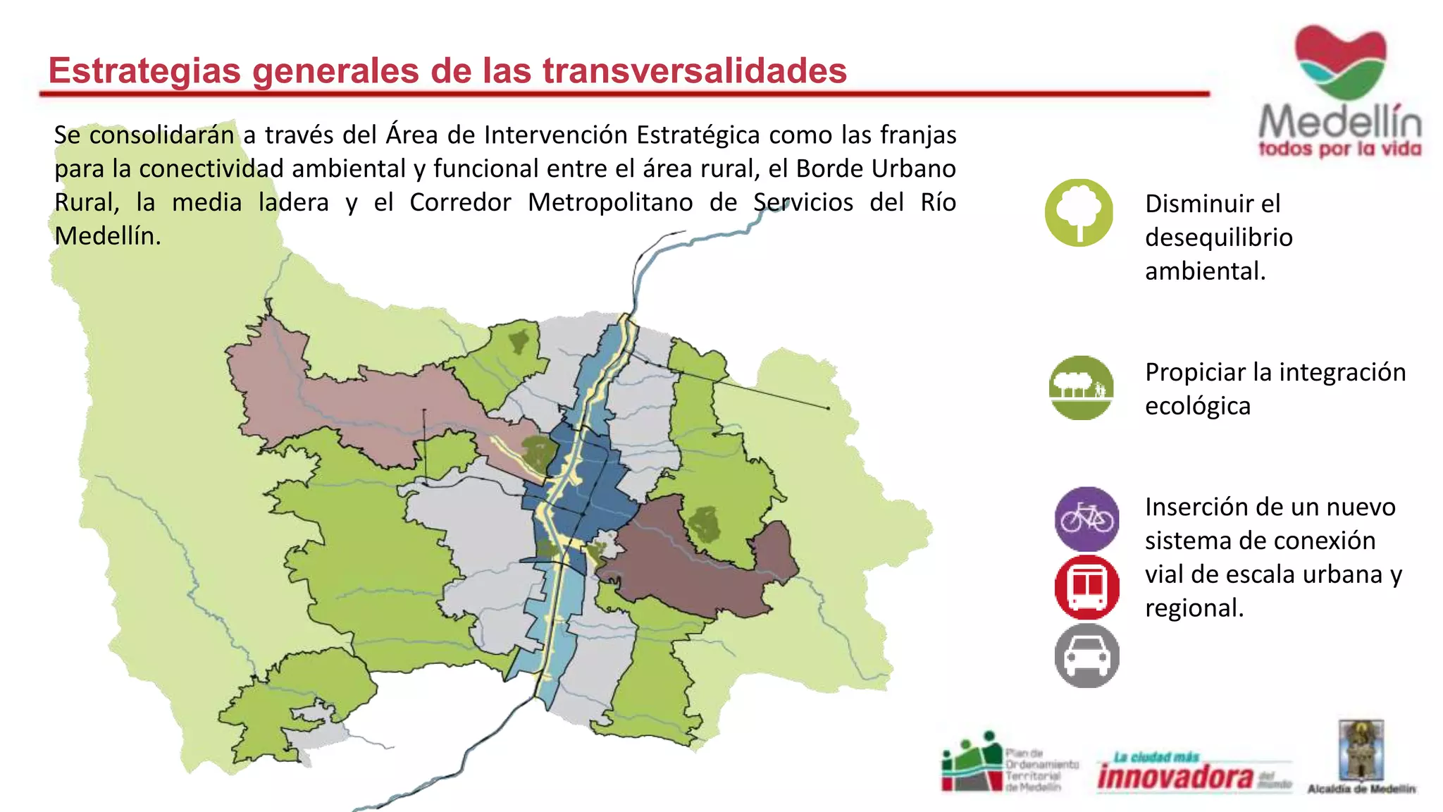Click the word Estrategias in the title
pos(144,71)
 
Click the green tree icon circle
pos(1079,212)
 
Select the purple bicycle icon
pos(1086,519)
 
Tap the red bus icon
pos(1086,587)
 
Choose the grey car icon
pos(1086,656)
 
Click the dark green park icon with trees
pos(1081,388)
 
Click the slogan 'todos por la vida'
pos(1339,149)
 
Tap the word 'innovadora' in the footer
pos(1175,777)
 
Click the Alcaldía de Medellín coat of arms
pos(1361,750)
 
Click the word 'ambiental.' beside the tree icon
pos(1205,271)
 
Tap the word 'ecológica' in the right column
pos(1198,406)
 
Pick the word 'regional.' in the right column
pos(1194,608)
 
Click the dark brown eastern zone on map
pos(690,564)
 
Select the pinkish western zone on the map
pos(352,402)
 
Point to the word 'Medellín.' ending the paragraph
pos(108,236)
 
